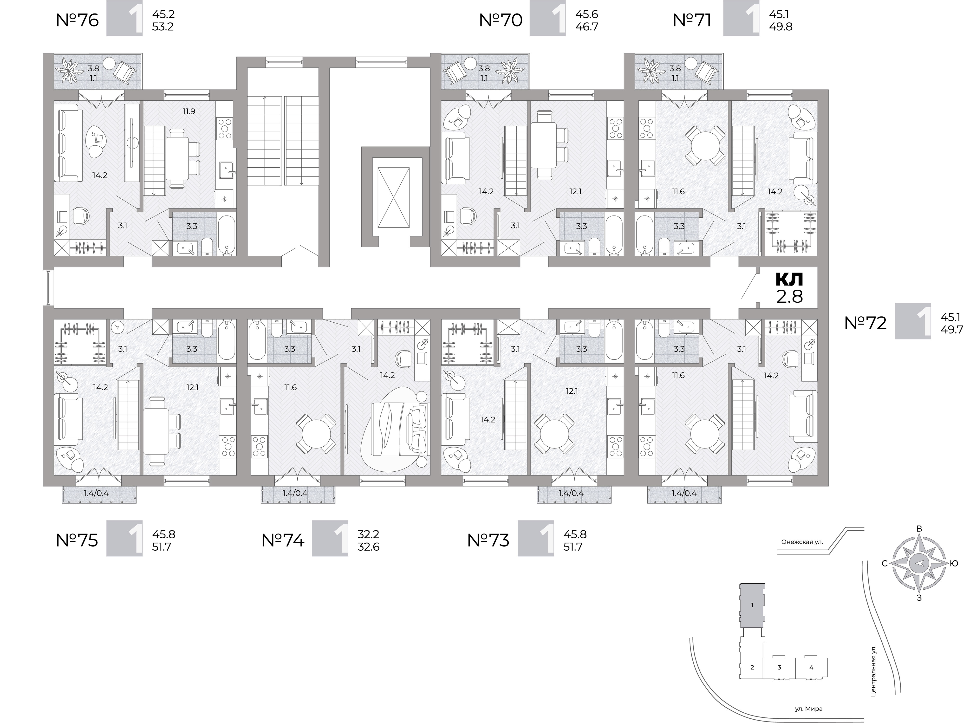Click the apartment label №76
pyautogui.click(x=78, y=20)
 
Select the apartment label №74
pyautogui.click(x=283, y=540)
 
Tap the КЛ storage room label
pyautogui.click(x=789, y=279)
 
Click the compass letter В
pyautogui.click(x=919, y=541)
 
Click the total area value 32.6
pyautogui.click(x=368, y=547)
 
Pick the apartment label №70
pyautogui.click(x=501, y=20)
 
